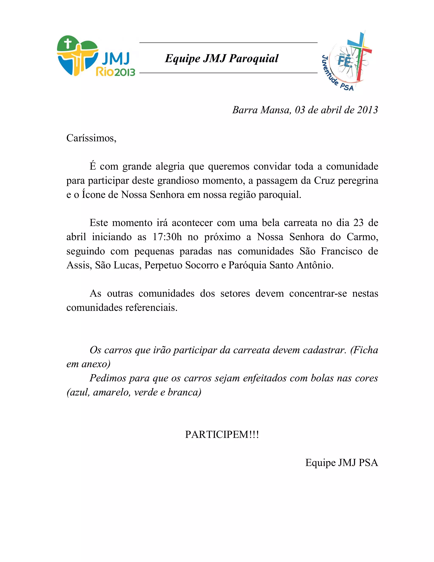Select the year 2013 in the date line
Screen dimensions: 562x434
367,110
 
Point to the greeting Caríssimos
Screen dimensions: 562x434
91,138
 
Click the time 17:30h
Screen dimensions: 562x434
167,237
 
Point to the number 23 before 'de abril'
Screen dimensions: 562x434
358,223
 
